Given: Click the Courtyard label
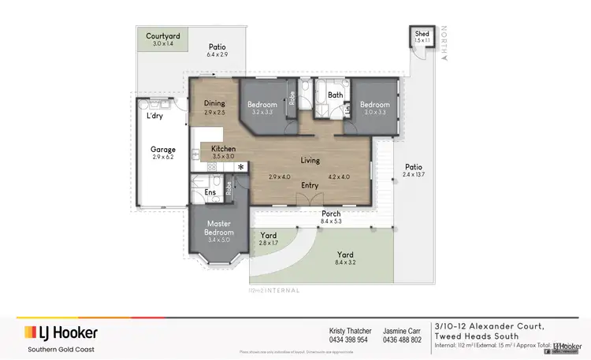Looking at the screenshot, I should tap(164, 36).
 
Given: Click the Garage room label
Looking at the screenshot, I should tap(163, 149).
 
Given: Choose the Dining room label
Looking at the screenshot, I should tap(214, 103).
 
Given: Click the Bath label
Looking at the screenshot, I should tap(336, 95).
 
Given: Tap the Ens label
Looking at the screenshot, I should tap(210, 191).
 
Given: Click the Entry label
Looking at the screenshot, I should tap(310, 185).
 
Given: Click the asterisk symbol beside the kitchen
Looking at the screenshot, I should tap(241, 167).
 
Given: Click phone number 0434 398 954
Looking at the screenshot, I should tap(348, 340).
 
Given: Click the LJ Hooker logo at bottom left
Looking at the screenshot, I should tap(59, 331).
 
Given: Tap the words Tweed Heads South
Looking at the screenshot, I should tap(484, 336).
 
